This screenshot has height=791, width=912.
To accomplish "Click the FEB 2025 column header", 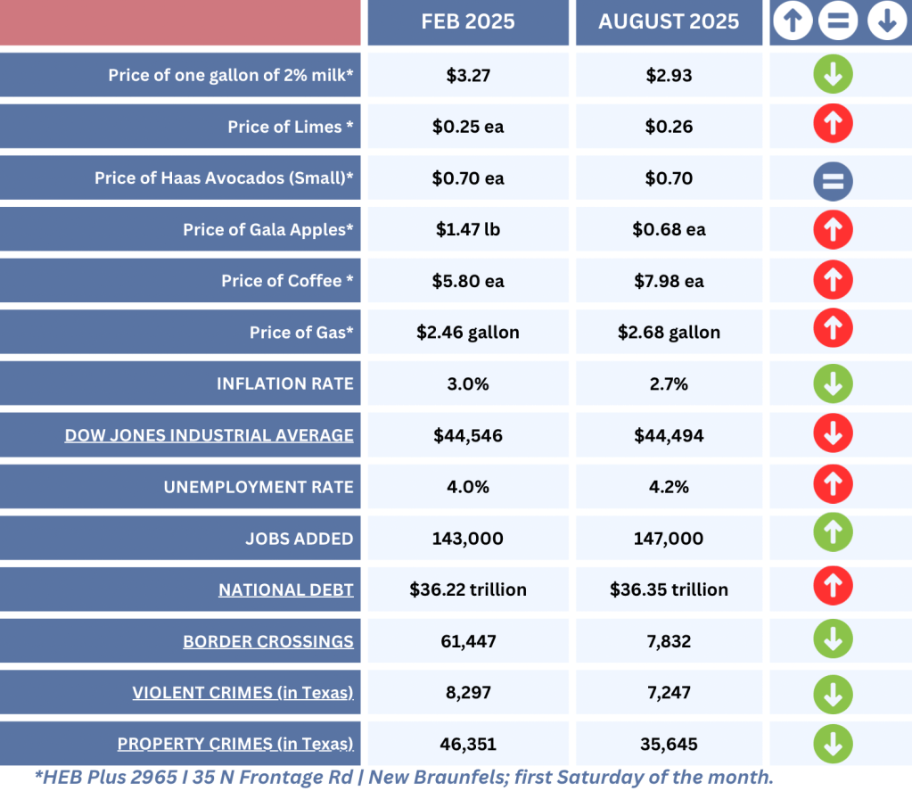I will point(468,21).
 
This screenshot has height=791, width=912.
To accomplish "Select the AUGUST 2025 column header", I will point(669,21).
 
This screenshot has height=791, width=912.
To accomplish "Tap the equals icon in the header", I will point(839,22).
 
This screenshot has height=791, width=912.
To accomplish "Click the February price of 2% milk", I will point(468,75).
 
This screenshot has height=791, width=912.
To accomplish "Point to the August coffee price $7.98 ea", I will point(669,281).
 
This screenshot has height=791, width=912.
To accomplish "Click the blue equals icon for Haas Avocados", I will point(833,179).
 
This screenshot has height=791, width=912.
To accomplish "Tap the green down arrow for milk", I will point(833,75).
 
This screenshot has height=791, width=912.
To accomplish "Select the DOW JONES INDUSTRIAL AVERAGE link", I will point(209,435).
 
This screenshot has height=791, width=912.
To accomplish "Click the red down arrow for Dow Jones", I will point(833,434).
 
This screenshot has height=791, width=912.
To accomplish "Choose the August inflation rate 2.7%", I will point(669,383).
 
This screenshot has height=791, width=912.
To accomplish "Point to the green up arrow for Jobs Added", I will point(833,533).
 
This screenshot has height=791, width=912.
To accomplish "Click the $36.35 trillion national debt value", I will point(669,589).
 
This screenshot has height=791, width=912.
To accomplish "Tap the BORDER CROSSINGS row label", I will point(268,641).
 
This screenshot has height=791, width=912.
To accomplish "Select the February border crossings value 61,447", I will point(468,641).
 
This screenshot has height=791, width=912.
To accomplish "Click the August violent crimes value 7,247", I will point(669,692).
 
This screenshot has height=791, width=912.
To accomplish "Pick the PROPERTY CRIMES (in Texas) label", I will point(235,744).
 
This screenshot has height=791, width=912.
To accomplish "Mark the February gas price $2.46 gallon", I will point(468,333).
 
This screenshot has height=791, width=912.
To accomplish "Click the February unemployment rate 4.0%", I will point(468,487).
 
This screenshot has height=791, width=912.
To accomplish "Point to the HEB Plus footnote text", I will point(404,777).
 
